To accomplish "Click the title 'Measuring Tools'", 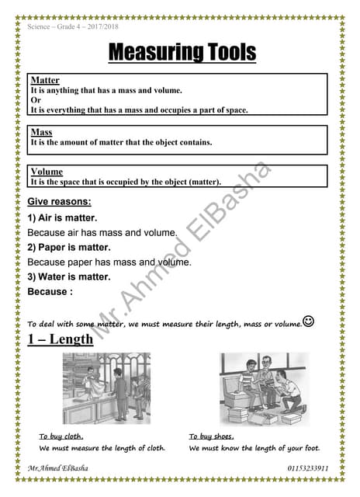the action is [182, 53].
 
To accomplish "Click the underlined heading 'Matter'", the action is [44, 81].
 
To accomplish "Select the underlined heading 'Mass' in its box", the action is [41, 132].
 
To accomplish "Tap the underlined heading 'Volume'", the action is [47, 172].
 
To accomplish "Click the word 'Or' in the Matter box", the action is [35, 100].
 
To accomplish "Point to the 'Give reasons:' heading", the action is [59, 202].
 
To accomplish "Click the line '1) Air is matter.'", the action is [62, 218].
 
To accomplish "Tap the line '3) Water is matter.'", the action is [69, 276].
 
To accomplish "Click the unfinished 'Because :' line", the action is [50, 292].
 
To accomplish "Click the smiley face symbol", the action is [308, 321].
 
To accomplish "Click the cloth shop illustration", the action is [106, 388].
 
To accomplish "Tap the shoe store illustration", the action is [264, 388].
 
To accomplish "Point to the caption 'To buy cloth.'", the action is [61, 436].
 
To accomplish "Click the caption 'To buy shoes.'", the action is [212, 436].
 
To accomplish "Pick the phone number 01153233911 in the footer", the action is [308, 469].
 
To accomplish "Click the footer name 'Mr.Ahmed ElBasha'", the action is [57, 469].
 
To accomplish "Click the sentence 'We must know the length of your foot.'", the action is [254, 448].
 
